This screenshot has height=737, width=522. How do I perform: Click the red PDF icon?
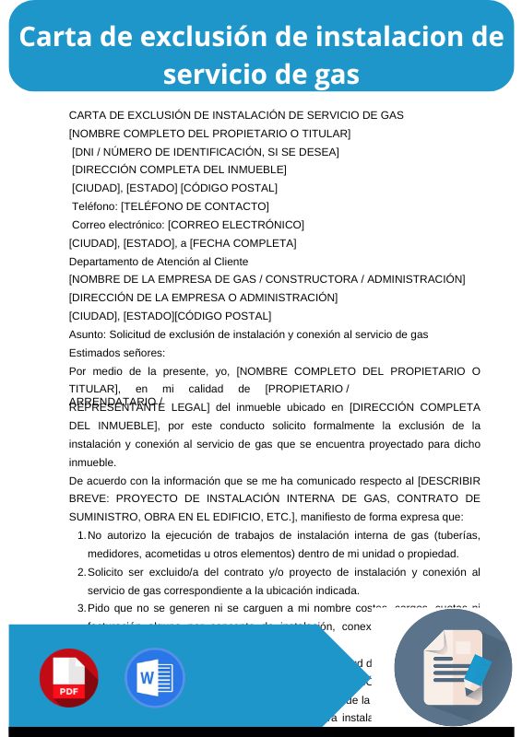[x=68, y=678]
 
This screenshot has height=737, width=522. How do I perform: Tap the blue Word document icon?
[x=154, y=678]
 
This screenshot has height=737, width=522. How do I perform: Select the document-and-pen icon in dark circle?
[x=453, y=667]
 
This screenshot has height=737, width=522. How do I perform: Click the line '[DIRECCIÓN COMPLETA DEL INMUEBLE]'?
[x=179, y=170]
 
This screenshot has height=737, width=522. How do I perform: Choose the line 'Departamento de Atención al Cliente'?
[x=159, y=262]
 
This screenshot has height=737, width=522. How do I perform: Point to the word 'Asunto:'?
[x=88, y=334]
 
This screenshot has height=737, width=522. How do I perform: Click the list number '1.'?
[x=81, y=536]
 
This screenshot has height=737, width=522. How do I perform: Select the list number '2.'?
[x=81, y=573]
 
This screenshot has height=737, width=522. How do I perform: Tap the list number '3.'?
[x=81, y=608]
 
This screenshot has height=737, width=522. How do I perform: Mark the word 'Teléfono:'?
[x=95, y=206]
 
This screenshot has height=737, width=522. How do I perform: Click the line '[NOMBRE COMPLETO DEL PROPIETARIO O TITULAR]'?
[x=209, y=134]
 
